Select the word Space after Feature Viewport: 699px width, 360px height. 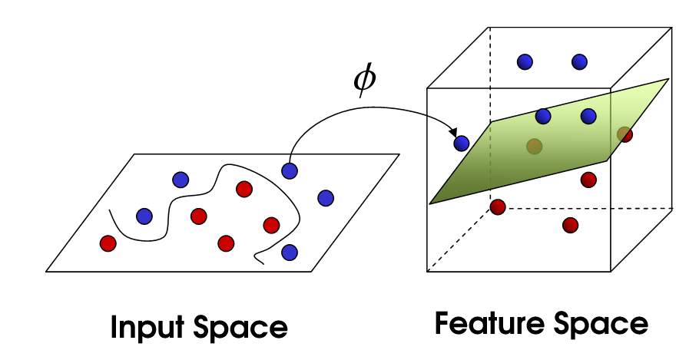(604, 323)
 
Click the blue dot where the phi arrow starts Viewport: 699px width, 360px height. (290, 170)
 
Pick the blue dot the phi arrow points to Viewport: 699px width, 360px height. (462, 143)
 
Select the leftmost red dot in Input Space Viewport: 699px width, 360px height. (108, 243)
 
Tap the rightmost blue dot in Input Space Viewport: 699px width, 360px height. (326, 197)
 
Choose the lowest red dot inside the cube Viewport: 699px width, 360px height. (570, 225)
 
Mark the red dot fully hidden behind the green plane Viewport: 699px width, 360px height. (534, 146)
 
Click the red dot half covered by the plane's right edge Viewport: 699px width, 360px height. (624, 134)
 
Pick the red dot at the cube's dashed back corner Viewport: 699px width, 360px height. (498, 207)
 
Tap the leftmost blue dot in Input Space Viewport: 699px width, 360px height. (144, 216)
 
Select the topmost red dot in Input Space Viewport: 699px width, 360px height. (244, 189)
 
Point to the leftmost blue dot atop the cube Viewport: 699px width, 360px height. (525, 61)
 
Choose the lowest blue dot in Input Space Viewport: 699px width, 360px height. (290, 251)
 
